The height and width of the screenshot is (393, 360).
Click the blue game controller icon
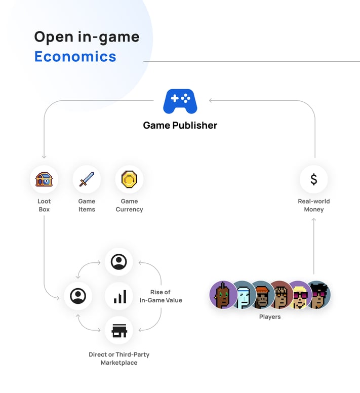[x=180, y=101]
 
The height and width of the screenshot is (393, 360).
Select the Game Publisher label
[x=180, y=125]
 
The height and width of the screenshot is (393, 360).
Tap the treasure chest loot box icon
[x=44, y=179]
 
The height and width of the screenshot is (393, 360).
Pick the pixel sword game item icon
[x=87, y=179]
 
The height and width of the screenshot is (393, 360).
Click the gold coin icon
[x=129, y=179]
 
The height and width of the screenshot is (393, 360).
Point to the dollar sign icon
[x=314, y=179]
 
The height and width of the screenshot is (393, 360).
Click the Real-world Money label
[x=314, y=205]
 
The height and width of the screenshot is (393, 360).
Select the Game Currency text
[x=129, y=205]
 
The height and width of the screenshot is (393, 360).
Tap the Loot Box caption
[x=44, y=205]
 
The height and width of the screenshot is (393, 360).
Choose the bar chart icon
[x=119, y=296]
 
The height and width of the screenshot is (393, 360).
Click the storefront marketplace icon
[x=119, y=330]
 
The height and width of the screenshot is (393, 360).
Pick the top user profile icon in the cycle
[x=119, y=262]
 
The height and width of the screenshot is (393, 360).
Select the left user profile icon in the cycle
[x=78, y=296]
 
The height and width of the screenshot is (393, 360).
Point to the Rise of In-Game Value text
[x=161, y=296]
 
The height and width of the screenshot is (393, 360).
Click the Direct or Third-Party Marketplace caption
[x=119, y=359]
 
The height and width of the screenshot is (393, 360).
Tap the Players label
[x=269, y=317]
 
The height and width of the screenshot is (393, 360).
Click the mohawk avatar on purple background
[x=223, y=295]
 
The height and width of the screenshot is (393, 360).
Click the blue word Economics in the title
[x=75, y=56]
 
